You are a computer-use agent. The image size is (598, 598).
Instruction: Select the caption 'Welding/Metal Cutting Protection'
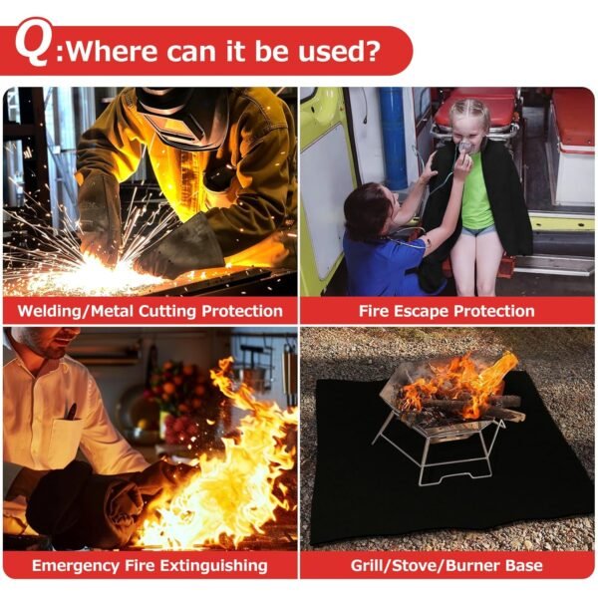tap(149, 311)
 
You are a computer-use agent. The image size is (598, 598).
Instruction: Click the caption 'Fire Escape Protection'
tap(447, 311)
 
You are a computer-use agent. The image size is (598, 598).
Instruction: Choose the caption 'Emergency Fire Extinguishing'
tap(149, 565)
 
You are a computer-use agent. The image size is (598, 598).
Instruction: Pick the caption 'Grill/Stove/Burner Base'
tap(447, 565)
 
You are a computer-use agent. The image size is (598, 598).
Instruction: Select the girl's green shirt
tap(476, 194)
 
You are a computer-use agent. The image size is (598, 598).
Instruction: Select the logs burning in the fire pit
tap(463, 404)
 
